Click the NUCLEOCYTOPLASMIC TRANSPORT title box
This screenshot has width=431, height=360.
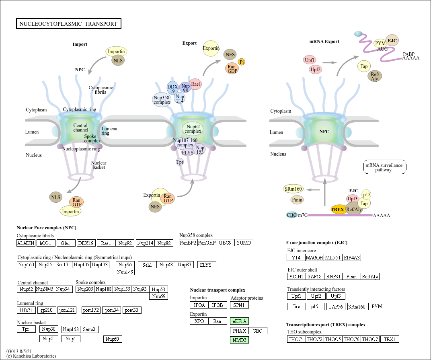pos(69,24)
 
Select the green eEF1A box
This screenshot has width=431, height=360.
pos(239,321)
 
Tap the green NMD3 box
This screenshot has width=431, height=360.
pos(239,340)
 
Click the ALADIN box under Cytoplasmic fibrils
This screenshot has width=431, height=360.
pos(26,243)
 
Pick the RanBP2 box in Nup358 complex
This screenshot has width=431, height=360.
pos(188,243)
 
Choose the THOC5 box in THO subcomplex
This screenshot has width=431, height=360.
pos(333,339)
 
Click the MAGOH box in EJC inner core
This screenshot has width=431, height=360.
pos(314,258)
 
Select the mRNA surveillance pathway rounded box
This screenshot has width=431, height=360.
pos(384,167)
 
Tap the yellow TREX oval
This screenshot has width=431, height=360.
pos(338,209)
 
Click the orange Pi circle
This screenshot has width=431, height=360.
pos(242,62)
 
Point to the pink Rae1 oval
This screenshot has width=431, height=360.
pos(195,84)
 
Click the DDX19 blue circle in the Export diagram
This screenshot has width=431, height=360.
pos(172,88)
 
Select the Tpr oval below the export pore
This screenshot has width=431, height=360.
pos(180,162)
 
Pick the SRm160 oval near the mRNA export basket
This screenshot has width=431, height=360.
pos(293,189)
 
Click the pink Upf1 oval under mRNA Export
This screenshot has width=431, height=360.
pos(310,60)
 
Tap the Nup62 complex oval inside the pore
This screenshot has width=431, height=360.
pos(193,129)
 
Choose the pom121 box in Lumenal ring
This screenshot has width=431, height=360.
pos(67,310)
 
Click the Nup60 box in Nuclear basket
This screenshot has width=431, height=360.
pos(113,339)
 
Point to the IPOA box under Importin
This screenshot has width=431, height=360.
pos(199,305)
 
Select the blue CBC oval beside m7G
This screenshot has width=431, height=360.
pos(291,215)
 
